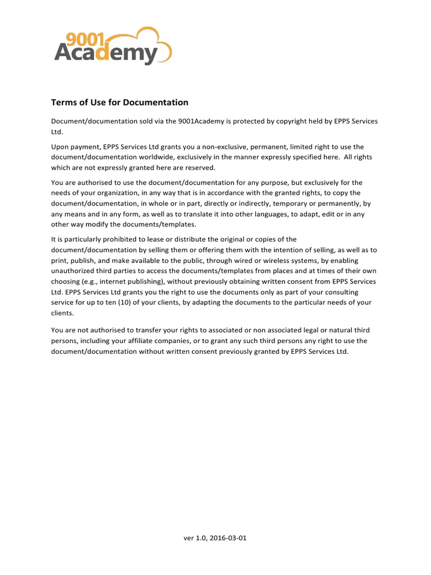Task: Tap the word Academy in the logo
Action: tap(106, 54)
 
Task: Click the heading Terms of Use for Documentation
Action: tap(120, 102)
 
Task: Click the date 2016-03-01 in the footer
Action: tap(228, 539)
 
